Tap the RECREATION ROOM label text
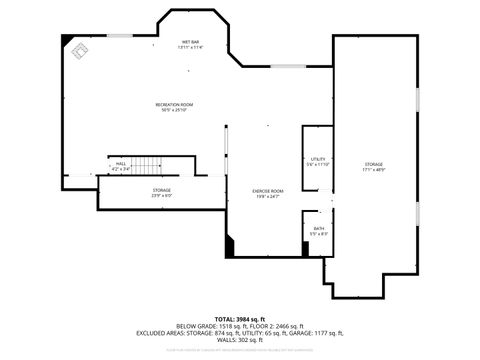click(174, 104)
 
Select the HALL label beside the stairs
click(121, 164)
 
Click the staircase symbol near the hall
click(148, 166)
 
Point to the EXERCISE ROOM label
click(269, 190)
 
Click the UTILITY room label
click(317, 159)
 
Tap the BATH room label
click(318, 229)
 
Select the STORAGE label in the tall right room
click(374, 164)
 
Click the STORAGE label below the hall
click(162, 189)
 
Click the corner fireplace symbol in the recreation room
click(76, 49)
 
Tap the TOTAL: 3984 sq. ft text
click(240, 318)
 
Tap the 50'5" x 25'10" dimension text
click(174, 110)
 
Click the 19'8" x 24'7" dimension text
click(269, 196)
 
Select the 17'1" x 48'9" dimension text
click(374, 170)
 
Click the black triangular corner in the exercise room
click(231, 246)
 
